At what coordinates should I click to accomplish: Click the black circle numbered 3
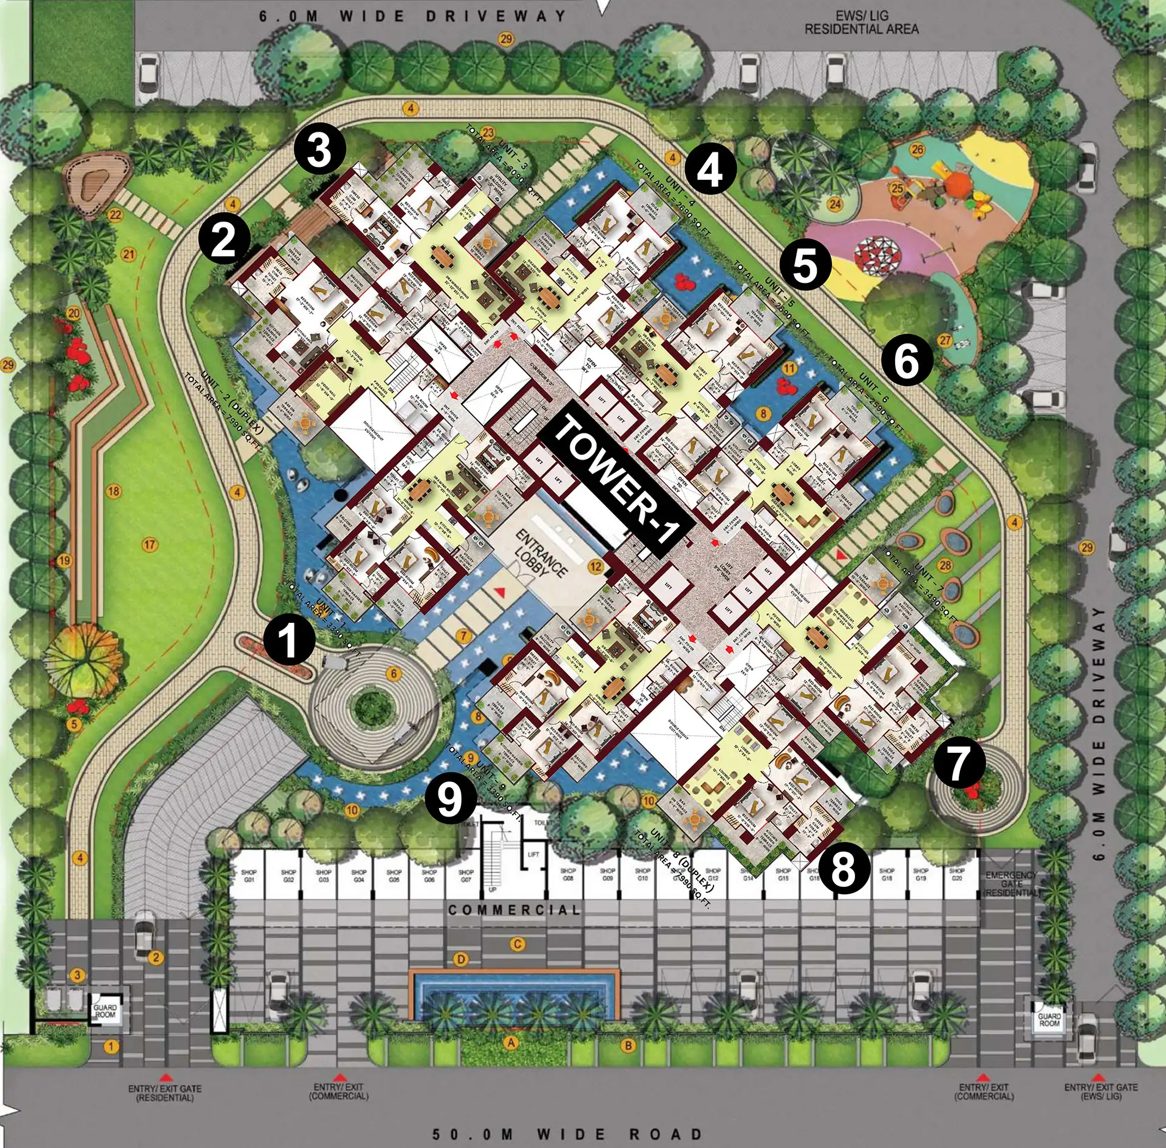(319, 151)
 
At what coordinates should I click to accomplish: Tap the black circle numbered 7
(958, 763)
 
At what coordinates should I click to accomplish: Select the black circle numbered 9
(450, 798)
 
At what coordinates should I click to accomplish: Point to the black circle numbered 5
(805, 265)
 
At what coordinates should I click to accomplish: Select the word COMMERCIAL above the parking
(514, 910)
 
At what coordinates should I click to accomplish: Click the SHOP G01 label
(249, 875)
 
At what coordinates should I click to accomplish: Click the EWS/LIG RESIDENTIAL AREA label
(861, 22)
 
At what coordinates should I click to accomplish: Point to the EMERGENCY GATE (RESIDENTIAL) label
(1011, 884)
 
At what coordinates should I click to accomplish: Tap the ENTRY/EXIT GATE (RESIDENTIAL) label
(165, 1093)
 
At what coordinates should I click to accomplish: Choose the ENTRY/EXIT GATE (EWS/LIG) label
(1100, 1092)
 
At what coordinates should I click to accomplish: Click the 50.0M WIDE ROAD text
(567, 1134)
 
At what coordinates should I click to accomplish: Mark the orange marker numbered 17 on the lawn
(149, 545)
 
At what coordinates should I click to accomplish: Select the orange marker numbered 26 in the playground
(917, 149)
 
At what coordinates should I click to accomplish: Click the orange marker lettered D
(462, 960)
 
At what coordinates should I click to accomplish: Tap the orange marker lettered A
(511, 1042)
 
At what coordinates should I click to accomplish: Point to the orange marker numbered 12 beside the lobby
(596, 567)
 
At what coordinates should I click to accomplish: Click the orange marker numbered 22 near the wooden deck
(115, 215)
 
